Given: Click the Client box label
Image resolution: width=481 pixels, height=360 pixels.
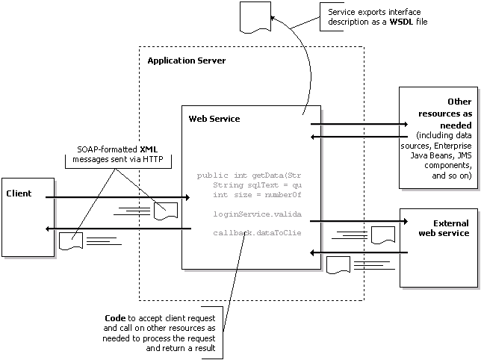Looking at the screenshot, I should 18,193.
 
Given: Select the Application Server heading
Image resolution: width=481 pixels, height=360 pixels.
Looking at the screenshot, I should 186,60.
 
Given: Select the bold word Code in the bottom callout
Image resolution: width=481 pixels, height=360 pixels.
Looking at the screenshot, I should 116,319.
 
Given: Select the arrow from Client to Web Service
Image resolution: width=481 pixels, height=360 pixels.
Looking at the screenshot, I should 112,198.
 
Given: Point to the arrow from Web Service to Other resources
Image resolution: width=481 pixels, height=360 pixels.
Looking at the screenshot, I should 359,124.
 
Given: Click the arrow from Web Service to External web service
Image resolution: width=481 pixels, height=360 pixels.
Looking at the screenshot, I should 359,221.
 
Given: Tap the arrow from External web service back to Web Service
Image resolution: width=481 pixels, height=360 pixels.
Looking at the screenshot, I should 359,253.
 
